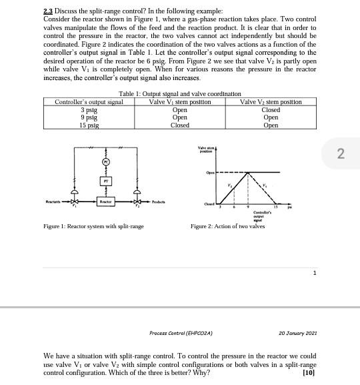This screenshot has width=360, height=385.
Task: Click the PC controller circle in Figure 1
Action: pyautogui.click(x=104, y=161)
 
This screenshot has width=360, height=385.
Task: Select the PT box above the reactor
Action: pyautogui.click(x=104, y=181)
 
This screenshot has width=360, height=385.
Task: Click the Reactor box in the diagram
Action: pyautogui.click(x=104, y=200)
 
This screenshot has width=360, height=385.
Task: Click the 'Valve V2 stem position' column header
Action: pyautogui.click(x=271, y=102)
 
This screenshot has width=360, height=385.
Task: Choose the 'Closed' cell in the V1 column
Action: pyautogui.click(x=179, y=125)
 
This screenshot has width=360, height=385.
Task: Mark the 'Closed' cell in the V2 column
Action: pyautogui.click(x=271, y=109)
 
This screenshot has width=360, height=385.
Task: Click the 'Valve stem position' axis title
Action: pyautogui.click(x=205, y=149)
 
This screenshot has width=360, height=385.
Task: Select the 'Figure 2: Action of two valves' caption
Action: pyautogui.click(x=227, y=226)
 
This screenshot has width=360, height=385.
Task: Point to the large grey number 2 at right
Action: pyautogui.click(x=341, y=154)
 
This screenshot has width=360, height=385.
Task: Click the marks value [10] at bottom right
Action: pyautogui.click(x=308, y=373)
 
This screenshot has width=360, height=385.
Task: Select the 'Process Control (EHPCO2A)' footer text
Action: pyautogui.click(x=181, y=332)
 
